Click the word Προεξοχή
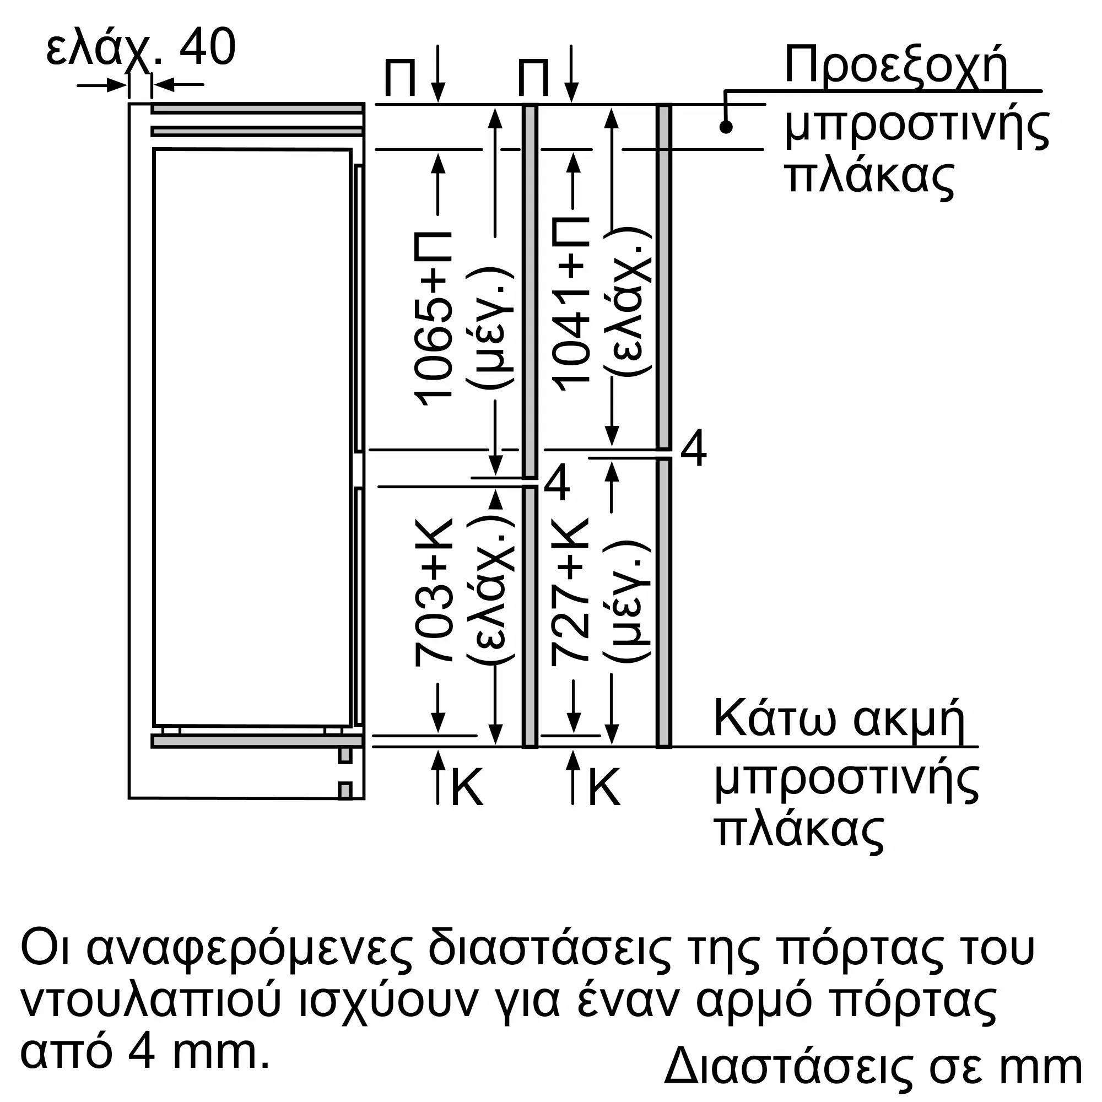click(x=896, y=67)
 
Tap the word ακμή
click(x=909, y=720)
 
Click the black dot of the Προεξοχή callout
click(x=726, y=127)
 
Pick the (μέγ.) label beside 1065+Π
click(x=491, y=328)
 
